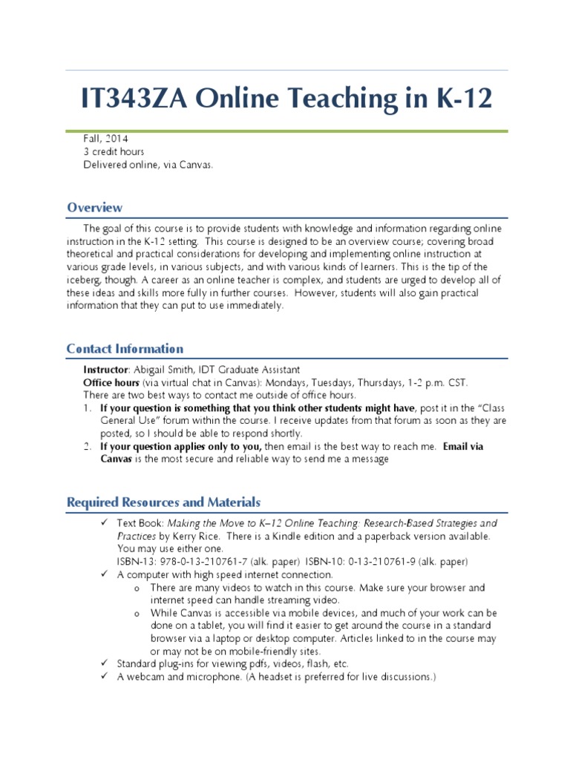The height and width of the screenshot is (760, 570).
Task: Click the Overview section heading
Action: click(95, 208)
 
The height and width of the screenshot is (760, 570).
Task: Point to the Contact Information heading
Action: click(125, 349)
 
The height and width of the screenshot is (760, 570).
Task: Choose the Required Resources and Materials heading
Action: click(163, 502)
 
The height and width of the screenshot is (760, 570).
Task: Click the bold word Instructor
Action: click(106, 370)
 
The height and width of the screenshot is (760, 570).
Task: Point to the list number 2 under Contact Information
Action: click(87, 447)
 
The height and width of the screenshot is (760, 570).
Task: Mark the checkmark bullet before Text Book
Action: click(103, 523)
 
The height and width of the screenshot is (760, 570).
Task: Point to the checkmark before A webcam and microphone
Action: click(103, 677)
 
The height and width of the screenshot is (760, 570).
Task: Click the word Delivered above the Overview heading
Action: click(103, 165)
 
